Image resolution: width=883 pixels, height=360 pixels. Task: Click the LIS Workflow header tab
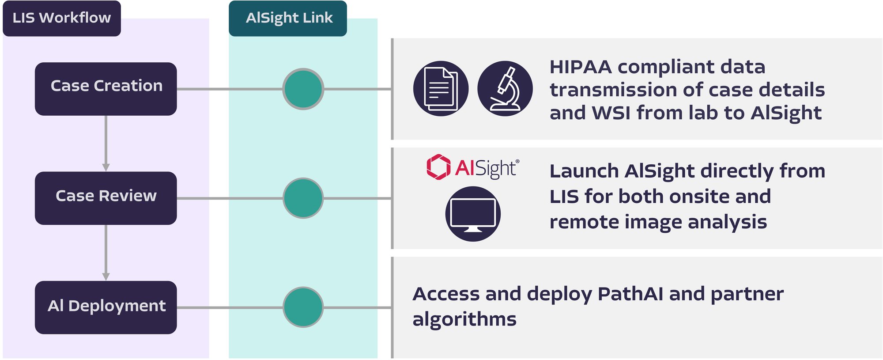[62, 18]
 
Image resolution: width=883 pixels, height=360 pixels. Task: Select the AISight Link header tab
[288, 18]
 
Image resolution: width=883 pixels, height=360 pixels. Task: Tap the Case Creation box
[106, 88]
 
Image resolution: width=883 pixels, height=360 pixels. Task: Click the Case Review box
[106, 198]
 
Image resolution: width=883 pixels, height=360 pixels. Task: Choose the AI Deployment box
[106, 307]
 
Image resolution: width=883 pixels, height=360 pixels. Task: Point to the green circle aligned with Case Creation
[303, 89]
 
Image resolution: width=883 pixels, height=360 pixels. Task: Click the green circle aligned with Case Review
[303, 198]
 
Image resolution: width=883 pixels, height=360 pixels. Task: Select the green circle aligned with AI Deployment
[303, 307]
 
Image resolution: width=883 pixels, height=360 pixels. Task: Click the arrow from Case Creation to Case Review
[106, 144]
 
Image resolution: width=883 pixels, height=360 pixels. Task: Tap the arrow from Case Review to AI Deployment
[106, 253]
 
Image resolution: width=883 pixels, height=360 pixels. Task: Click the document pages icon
[441, 89]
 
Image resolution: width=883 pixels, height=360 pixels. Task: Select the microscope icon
[505, 89]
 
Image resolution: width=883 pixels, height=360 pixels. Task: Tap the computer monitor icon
[472, 214]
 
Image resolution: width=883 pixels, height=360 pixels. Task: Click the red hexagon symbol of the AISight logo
[438, 167]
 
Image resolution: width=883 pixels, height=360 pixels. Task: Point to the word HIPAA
[581, 67]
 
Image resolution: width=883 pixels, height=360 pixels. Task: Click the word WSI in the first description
[611, 113]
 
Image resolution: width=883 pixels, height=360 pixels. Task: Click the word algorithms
[464, 319]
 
